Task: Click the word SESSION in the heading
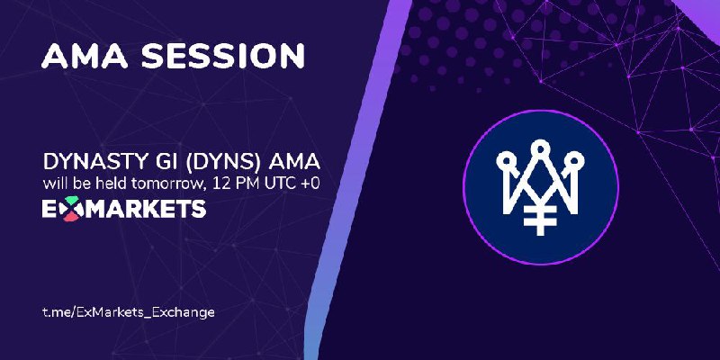click(x=222, y=56)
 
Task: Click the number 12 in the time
click(x=219, y=184)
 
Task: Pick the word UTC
click(x=272, y=184)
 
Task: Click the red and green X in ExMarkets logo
click(x=71, y=209)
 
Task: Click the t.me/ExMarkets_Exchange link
click(x=129, y=312)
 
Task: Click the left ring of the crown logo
click(x=505, y=161)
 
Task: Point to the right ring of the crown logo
click(x=575, y=161)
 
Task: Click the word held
click(x=111, y=184)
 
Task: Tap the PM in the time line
click(x=240, y=184)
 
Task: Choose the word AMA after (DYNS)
click(x=297, y=163)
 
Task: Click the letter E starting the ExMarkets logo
click(x=49, y=210)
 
